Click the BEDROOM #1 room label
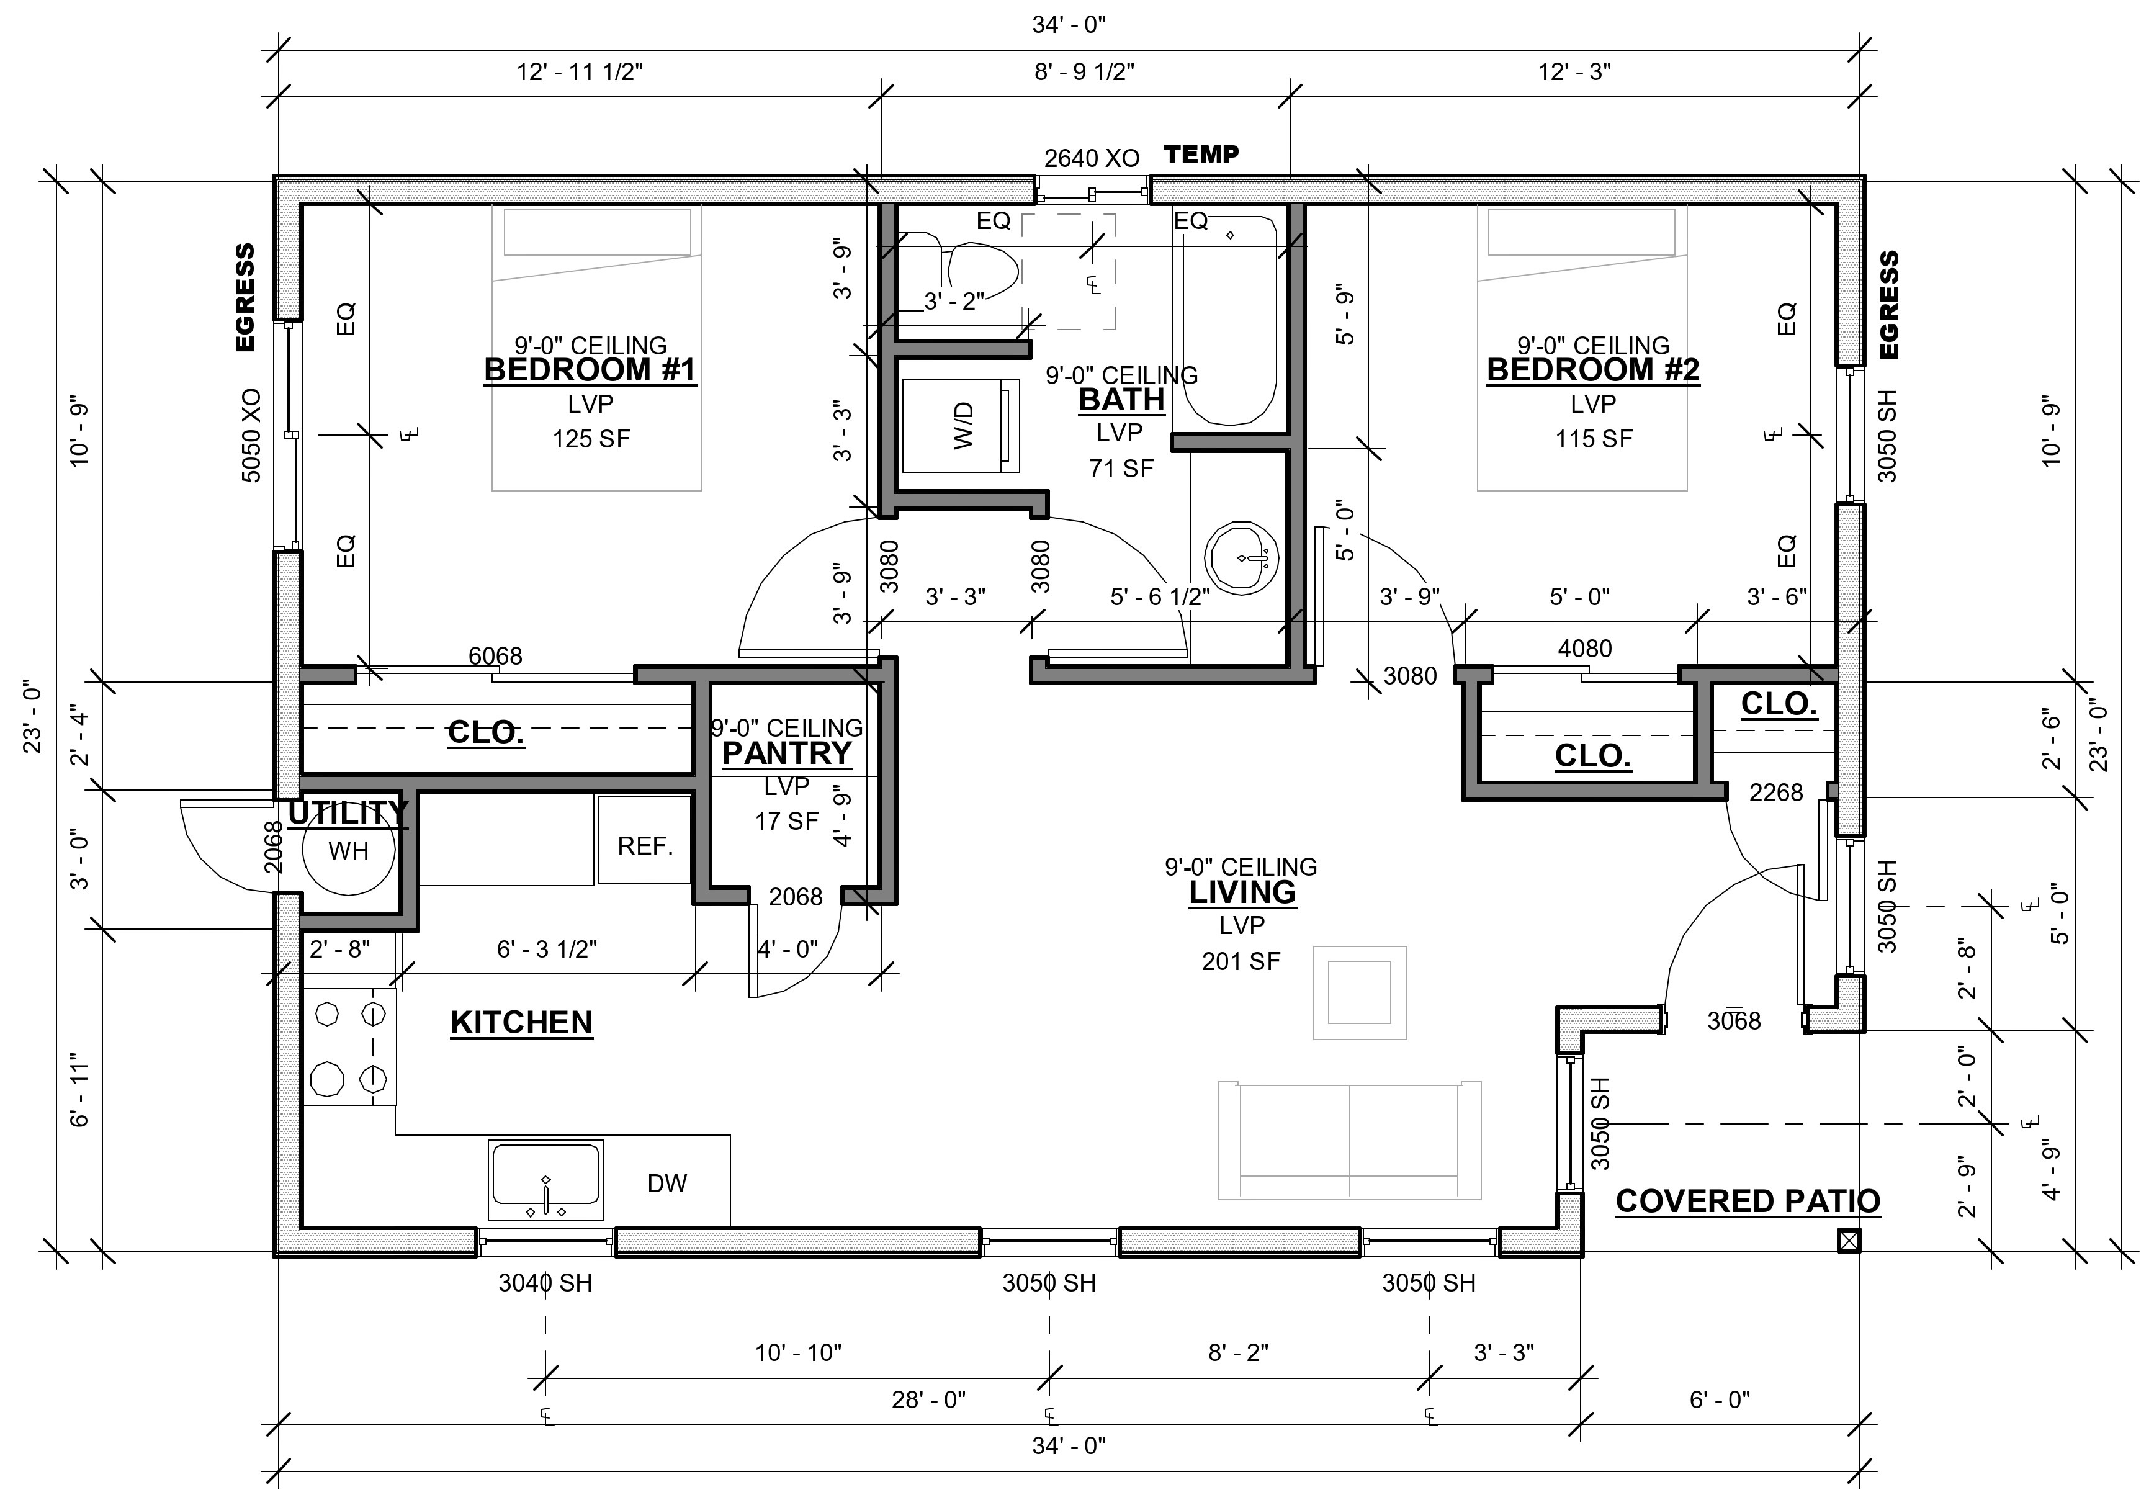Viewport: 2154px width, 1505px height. [590, 370]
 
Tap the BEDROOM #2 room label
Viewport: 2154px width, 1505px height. [1593, 370]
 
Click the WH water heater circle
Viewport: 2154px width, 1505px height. [348, 850]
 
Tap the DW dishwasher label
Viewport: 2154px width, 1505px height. [667, 1183]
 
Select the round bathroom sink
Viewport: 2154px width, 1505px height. [1245, 559]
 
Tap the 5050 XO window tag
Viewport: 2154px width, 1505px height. [251, 435]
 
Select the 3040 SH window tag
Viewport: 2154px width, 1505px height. [545, 1283]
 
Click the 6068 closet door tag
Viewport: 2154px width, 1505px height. [495, 656]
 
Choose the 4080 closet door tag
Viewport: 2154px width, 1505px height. [1584, 649]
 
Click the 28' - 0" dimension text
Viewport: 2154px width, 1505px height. [929, 1400]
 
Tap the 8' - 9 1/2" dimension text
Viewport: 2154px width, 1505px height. [1085, 71]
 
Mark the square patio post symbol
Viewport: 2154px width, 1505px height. [1848, 1241]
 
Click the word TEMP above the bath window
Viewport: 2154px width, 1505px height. [1202, 154]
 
